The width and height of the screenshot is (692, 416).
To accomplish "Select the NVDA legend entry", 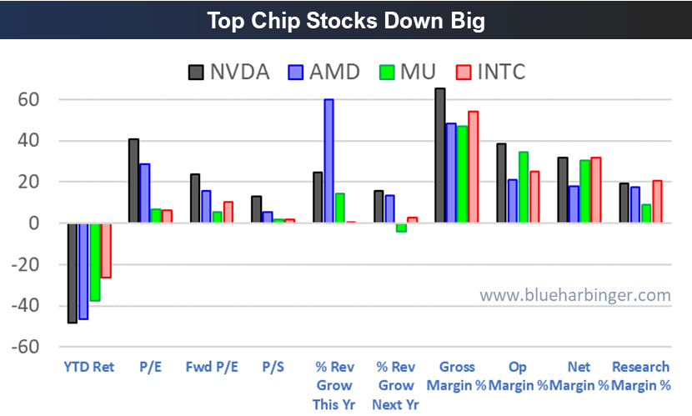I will click(x=228, y=71).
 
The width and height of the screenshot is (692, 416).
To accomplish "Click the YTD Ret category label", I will click(x=89, y=367).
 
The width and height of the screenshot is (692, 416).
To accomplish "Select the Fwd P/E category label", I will click(x=211, y=367).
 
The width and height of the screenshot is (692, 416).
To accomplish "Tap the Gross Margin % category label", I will click(x=456, y=376).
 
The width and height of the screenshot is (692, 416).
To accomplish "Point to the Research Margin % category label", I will click(x=640, y=376).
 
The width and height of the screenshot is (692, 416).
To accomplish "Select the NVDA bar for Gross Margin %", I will click(x=440, y=156).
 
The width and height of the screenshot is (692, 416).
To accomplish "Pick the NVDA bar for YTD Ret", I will click(x=73, y=273).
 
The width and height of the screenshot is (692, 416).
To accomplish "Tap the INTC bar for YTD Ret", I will click(x=105, y=250).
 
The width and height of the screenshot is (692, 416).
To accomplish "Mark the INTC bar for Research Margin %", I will click(x=658, y=202).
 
